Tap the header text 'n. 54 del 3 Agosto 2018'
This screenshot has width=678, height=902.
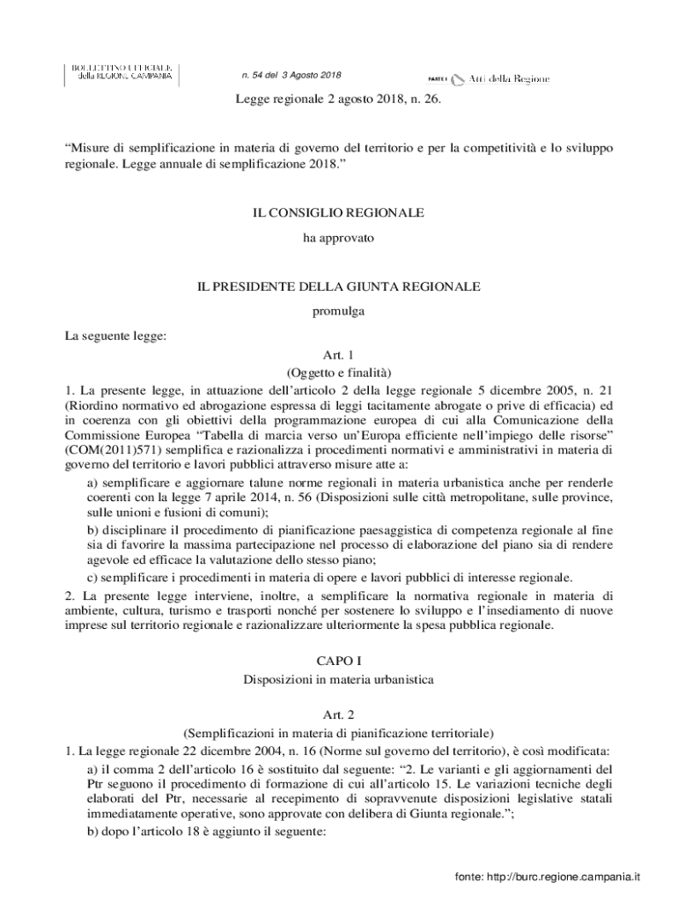291,75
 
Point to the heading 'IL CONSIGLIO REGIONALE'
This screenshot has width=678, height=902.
338,213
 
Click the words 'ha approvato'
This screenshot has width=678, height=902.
338,238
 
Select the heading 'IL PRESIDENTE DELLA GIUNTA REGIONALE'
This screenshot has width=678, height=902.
338,287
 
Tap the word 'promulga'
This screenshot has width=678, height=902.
338,311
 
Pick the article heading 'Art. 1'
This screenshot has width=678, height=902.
338,355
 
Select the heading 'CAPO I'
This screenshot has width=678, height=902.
338,660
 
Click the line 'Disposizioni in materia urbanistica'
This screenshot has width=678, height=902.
338,679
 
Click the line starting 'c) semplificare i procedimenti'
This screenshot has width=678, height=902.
329,578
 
